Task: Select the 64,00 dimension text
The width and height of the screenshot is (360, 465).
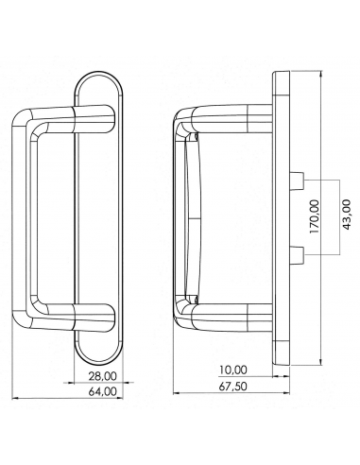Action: (91, 391)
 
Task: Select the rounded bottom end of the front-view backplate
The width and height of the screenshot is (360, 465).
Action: (98, 354)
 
